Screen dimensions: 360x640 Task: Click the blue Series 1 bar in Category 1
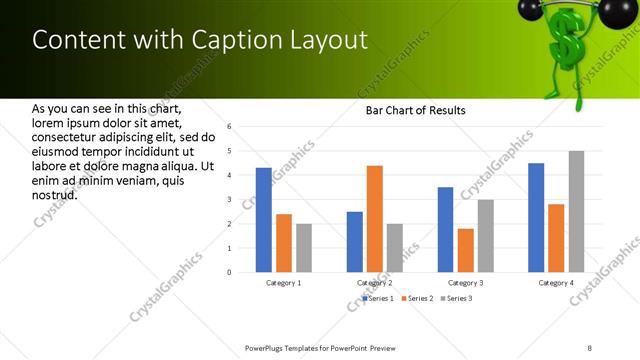click(x=264, y=220)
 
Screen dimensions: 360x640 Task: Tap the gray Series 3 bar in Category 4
click(x=576, y=211)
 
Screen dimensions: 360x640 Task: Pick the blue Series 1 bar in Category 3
click(x=445, y=229)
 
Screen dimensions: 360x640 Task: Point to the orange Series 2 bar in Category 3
click(x=466, y=250)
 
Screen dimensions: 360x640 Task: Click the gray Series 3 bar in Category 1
click(x=304, y=247)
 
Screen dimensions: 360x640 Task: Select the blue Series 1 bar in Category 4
click(x=536, y=217)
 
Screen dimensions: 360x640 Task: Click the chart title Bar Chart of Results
click(x=415, y=110)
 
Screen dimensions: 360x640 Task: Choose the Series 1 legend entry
click(x=378, y=298)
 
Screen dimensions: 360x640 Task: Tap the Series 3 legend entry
click(x=456, y=298)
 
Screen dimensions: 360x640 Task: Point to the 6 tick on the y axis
click(x=230, y=127)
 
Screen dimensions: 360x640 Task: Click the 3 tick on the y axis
click(x=230, y=199)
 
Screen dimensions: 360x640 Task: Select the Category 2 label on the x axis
click(x=375, y=283)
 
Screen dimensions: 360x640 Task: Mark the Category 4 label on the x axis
click(x=557, y=283)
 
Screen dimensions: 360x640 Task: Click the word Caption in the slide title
click(x=231, y=40)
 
